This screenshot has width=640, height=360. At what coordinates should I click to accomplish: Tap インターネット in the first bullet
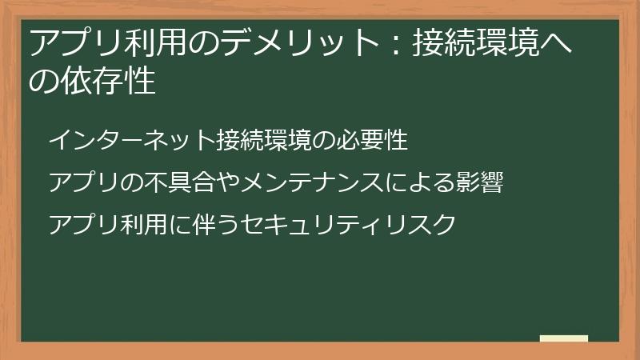pos(132,141)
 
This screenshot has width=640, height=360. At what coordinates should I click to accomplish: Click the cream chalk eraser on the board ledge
pos(563,338)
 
